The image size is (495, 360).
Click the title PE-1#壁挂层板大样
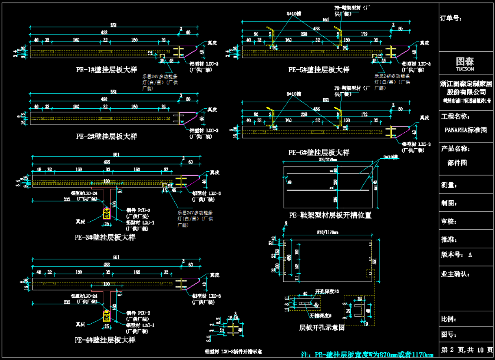point(106,70)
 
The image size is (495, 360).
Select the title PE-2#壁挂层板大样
point(106,136)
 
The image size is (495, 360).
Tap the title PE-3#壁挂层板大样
point(105,237)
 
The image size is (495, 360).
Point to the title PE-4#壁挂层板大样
point(105,340)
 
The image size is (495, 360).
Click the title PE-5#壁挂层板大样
point(319,70)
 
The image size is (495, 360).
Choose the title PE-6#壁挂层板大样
point(319,152)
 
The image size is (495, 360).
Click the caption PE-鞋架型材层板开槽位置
point(330,215)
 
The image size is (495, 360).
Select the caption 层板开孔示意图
point(322,328)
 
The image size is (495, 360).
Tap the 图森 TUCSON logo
point(465,63)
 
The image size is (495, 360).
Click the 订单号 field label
point(451,18)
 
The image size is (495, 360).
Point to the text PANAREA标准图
point(466,130)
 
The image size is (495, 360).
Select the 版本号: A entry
point(456,255)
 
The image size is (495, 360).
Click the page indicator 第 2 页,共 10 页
point(467,350)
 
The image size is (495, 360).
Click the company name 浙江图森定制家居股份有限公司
point(466,88)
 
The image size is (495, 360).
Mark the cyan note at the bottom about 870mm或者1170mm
point(367,355)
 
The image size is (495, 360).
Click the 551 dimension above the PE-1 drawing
point(113,25)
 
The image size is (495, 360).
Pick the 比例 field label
point(449,319)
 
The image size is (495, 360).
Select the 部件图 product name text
point(457,163)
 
